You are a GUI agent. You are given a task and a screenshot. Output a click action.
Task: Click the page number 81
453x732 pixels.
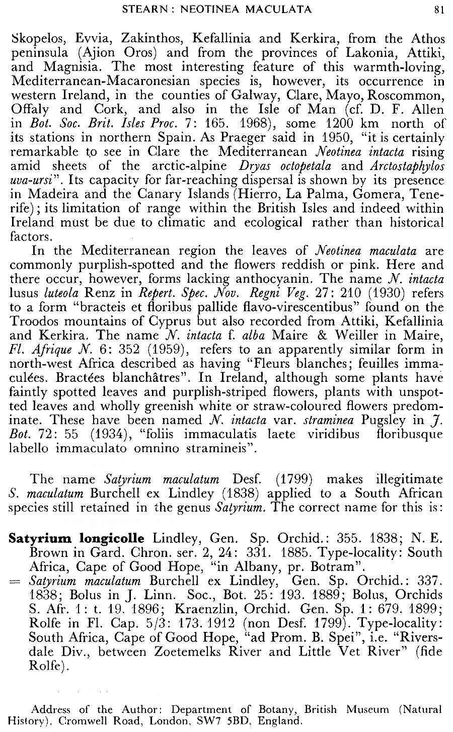[x=438, y=9]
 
